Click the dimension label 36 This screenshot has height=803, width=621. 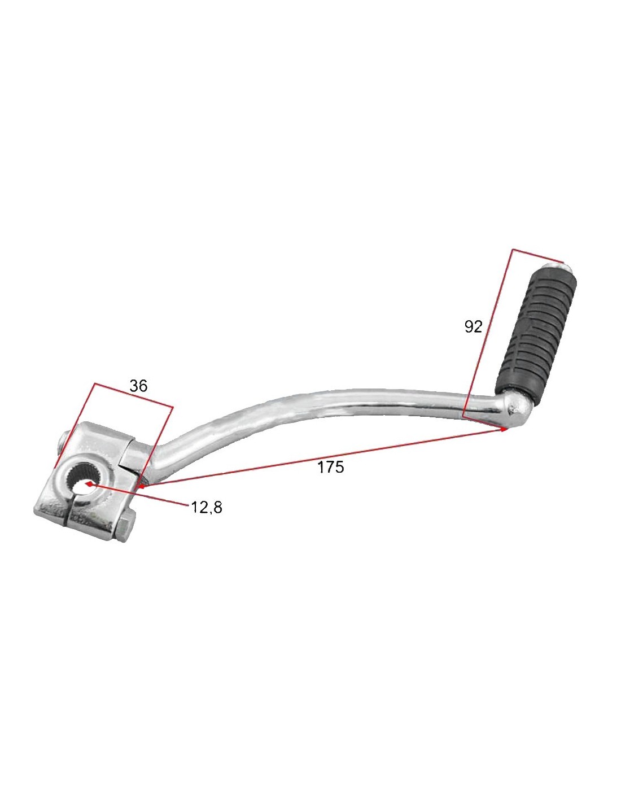[138, 386]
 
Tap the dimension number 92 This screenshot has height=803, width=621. [473, 326]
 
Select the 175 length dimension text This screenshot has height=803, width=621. [331, 467]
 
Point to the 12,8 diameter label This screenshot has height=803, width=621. [207, 507]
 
